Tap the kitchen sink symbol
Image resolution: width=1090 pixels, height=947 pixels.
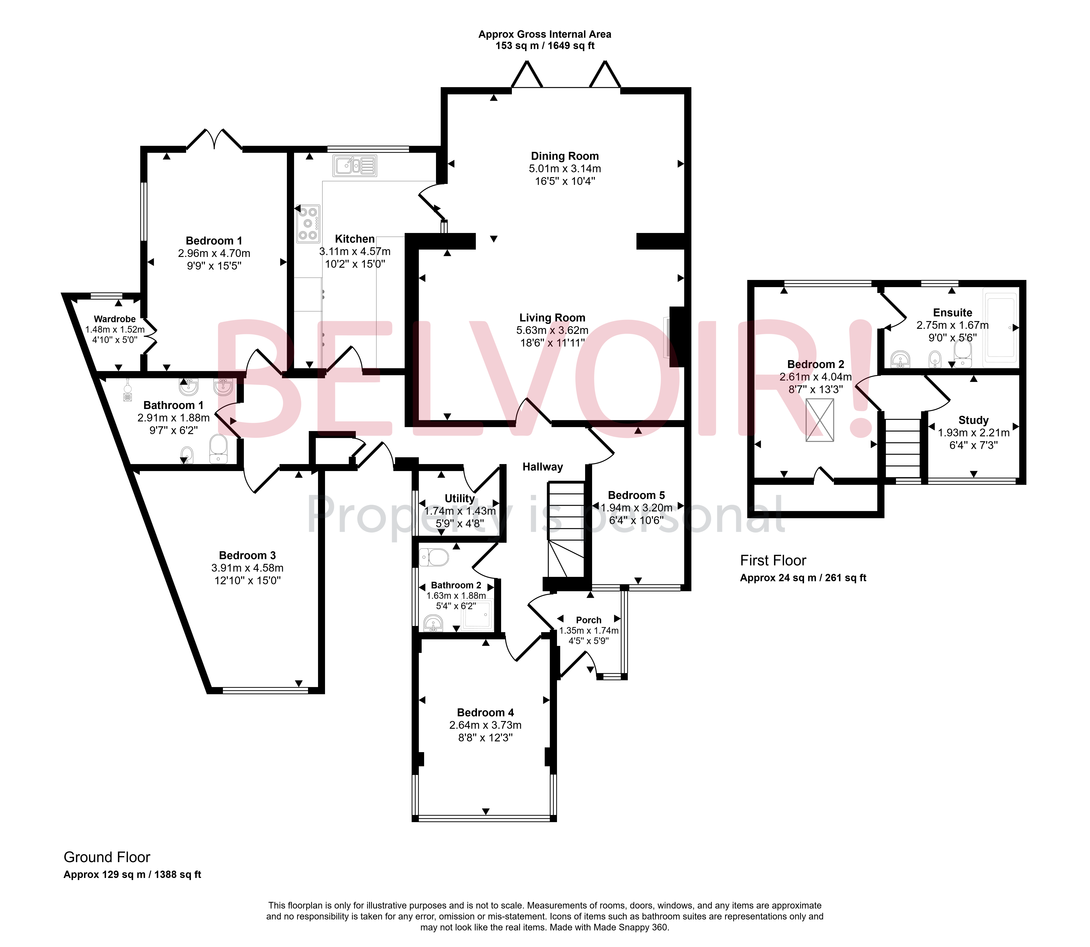[355, 165]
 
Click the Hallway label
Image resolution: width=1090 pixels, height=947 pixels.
[542, 467]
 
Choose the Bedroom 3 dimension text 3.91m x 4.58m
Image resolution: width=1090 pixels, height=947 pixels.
[247, 568]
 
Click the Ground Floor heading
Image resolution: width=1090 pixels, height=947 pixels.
[107, 857]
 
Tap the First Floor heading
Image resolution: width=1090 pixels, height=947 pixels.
[773, 560]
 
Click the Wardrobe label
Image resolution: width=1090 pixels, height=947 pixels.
[115, 319]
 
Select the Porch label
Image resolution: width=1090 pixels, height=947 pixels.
[588, 620]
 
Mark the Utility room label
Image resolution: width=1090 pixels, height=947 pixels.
[459, 498]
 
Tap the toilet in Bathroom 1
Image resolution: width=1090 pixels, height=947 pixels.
[218, 449]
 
